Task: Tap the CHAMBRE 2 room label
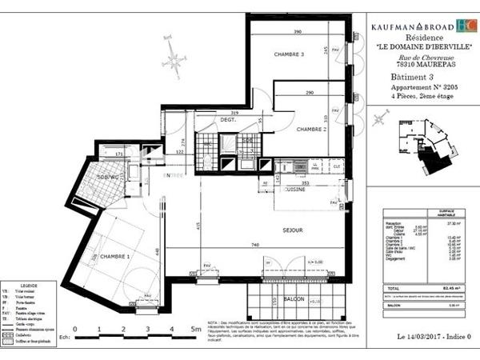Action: coord(310,129)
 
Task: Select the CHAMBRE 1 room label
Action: coord(116,256)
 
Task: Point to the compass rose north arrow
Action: coord(172,59)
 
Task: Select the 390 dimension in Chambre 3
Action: coord(297,32)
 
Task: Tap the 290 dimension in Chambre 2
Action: coord(310,94)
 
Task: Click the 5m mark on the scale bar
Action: coord(195,329)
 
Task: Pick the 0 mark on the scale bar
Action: coord(75,329)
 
